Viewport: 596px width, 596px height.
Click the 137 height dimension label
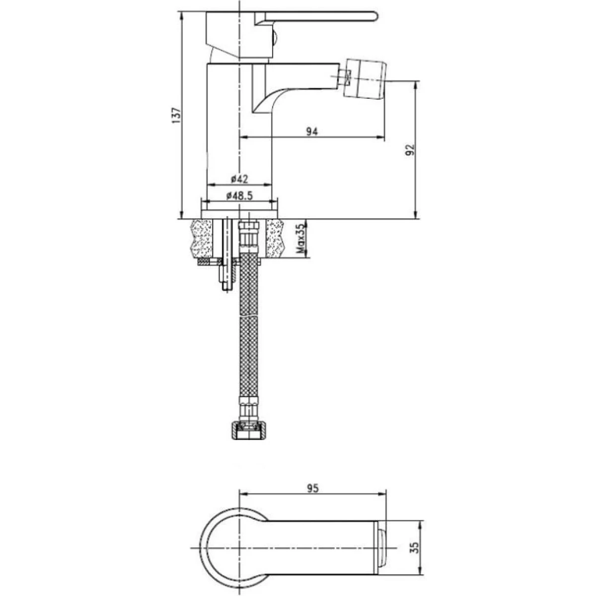176,115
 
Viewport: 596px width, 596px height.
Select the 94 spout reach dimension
312,132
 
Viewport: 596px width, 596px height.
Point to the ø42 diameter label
239,178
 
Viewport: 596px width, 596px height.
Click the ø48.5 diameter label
239,196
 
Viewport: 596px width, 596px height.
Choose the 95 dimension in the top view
312,488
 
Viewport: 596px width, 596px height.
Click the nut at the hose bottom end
248,431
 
